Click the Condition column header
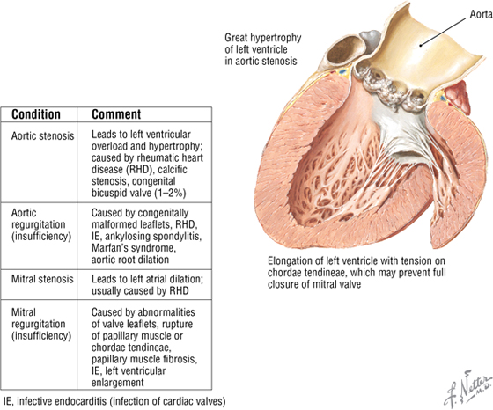pos(36,114)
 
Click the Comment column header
pos(116,114)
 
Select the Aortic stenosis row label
pos(43,136)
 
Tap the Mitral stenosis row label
pos(42,279)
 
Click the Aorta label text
pos(481,14)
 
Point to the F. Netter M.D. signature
pos(468,389)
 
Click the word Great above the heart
pos(236,38)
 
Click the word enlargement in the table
pos(118,383)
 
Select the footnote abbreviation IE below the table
pos(8,401)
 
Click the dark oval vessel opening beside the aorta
pos(345,50)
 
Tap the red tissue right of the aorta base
pos(458,97)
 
